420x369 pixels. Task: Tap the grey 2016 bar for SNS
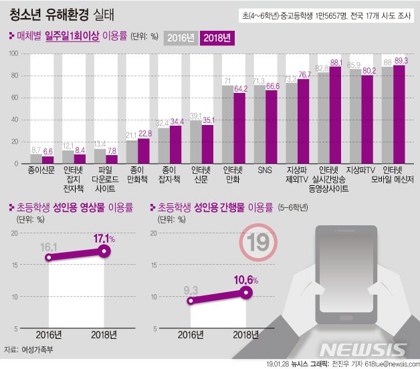click(259, 124)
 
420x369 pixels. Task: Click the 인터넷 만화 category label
click(235, 175)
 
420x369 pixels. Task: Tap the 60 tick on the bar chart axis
click(14, 98)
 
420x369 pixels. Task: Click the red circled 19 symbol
click(256, 244)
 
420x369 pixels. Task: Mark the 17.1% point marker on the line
click(104, 251)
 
